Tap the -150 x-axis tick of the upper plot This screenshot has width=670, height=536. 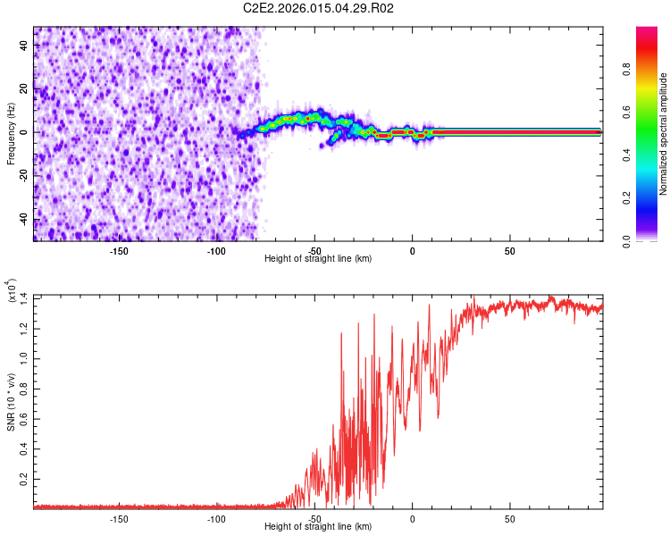[119, 251]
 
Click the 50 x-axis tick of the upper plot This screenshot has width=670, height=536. [509, 251]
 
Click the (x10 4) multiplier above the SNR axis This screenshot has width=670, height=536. [13, 290]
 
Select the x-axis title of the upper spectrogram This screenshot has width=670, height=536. [319, 259]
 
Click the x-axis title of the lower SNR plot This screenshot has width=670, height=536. [319, 527]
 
